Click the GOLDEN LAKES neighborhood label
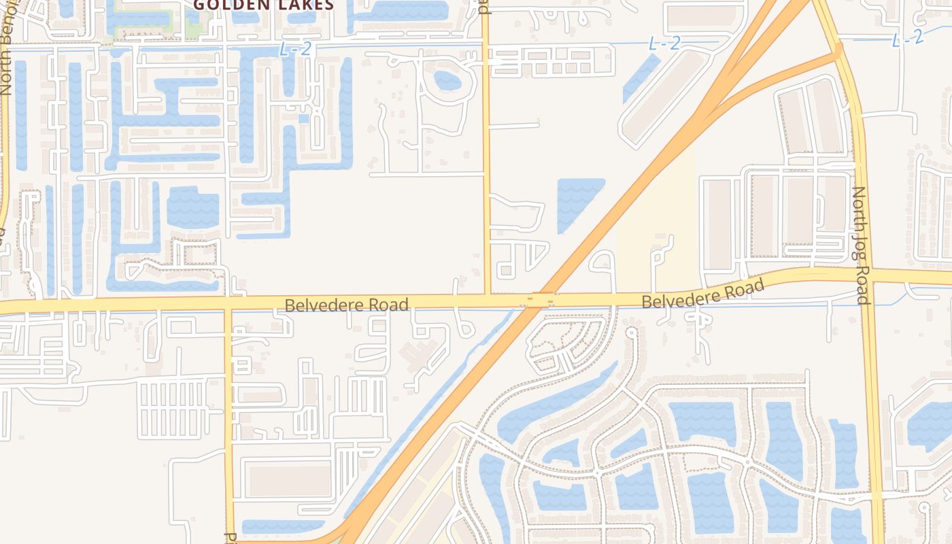point(264,5)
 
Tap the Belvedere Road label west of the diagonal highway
point(347,305)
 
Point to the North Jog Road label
point(860,245)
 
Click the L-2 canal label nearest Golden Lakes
point(294,49)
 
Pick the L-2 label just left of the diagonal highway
point(664,44)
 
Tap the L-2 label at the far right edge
point(907,39)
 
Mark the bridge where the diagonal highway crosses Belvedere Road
point(541,299)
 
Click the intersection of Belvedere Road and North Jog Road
point(867,274)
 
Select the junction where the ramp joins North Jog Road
point(837,49)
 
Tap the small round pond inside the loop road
point(447,80)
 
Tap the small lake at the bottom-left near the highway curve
point(282,526)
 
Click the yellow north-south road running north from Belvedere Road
point(486,170)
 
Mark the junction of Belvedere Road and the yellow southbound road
point(228,303)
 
